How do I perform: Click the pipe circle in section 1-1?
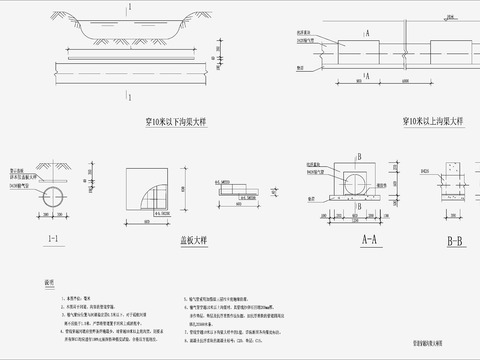[51, 195]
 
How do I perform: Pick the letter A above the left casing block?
[368, 32]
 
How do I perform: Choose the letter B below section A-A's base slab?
[356, 213]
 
